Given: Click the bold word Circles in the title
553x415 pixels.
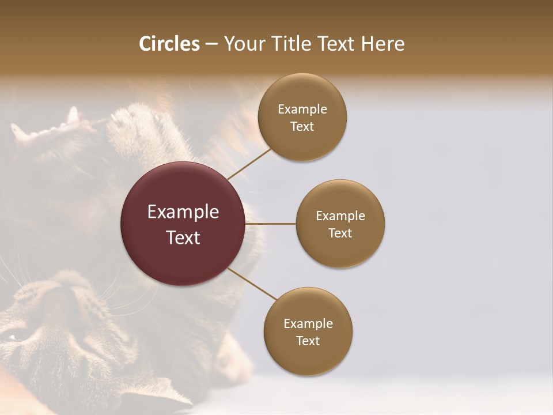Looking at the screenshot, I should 169,44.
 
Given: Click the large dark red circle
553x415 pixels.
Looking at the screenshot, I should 183,224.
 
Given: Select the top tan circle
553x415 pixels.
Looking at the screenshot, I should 302,118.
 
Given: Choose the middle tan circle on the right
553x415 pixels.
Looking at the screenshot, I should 340,224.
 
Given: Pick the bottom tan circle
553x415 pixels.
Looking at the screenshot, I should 308,332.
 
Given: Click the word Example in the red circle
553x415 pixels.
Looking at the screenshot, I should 183,212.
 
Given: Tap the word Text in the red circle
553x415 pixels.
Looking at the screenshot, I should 183,237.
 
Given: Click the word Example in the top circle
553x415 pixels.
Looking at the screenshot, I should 302,110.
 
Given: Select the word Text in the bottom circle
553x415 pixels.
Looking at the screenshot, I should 308,341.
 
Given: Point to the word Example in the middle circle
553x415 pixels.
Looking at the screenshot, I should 340,216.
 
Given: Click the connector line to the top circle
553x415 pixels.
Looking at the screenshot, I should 249,164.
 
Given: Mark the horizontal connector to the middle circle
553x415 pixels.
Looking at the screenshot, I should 271,224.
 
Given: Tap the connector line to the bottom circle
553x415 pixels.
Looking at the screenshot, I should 252,284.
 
